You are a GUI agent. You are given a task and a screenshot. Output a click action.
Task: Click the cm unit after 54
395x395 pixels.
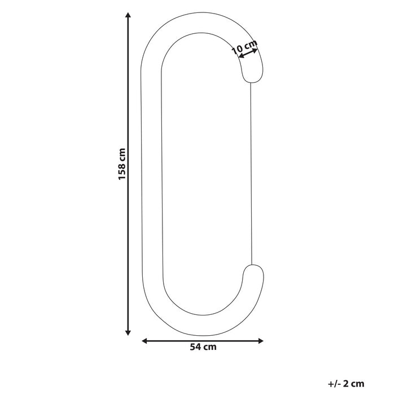click(209, 348)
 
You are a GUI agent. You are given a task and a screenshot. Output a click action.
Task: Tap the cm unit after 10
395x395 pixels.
click(251, 43)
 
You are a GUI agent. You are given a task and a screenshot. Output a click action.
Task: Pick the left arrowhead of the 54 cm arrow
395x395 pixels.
click(144, 340)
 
